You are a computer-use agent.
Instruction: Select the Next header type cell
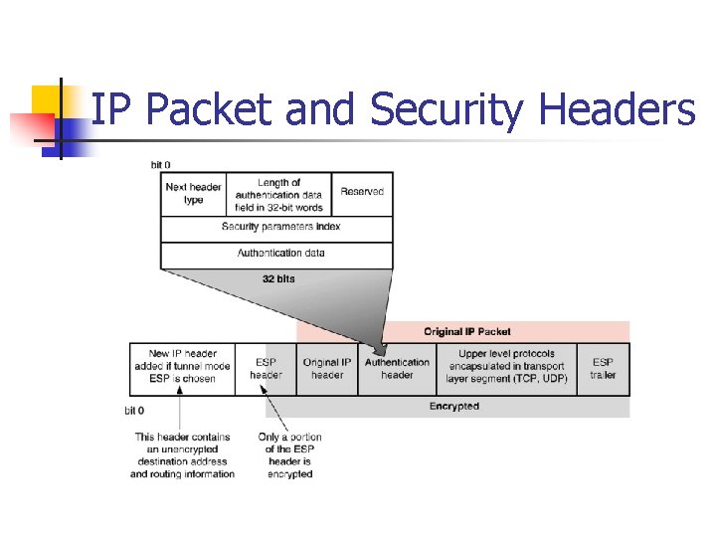tap(193, 193)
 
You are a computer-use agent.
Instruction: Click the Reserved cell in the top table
tap(362, 191)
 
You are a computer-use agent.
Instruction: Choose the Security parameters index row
tap(280, 227)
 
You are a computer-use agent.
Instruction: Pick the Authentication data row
tap(280, 253)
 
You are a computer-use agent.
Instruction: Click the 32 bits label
tap(278, 279)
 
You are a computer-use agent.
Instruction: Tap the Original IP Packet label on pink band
tap(466, 331)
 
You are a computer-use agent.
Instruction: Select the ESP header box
tap(266, 369)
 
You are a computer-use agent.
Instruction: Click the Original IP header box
tap(327, 369)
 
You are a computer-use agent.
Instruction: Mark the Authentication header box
tap(398, 369)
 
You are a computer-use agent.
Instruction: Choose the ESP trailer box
tap(603, 369)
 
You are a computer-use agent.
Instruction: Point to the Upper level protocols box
tap(506, 366)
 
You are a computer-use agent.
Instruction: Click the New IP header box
tap(182, 366)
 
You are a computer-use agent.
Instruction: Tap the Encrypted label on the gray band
tap(453, 406)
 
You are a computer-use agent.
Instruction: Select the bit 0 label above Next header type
tap(160, 165)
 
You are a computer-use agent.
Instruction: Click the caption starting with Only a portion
tap(289, 455)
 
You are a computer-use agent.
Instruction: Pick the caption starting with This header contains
tap(182, 455)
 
